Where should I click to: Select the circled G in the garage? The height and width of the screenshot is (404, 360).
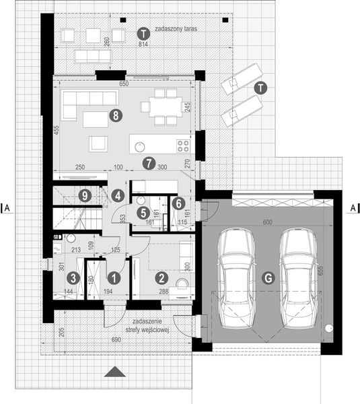(x=268, y=277)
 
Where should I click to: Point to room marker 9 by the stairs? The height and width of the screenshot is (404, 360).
(x=83, y=196)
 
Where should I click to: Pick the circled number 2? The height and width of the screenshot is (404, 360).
(x=178, y=202)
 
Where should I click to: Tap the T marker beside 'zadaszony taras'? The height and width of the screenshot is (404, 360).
(x=142, y=32)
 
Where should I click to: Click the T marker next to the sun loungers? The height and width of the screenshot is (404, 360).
(x=260, y=86)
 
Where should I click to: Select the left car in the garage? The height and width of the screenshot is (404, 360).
(x=233, y=277)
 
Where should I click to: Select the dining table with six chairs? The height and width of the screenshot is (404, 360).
(x=161, y=106)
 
